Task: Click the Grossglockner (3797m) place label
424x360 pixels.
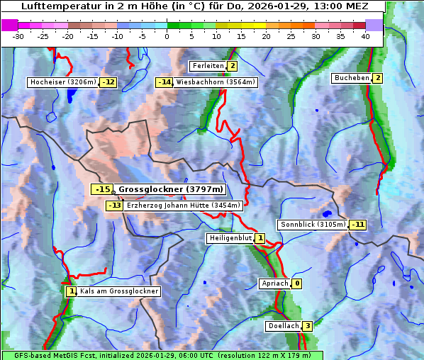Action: click(x=170, y=189)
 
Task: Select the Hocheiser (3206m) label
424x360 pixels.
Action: click(x=62, y=82)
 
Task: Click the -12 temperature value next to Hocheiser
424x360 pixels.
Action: click(x=108, y=82)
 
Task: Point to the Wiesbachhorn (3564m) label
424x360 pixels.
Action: click(x=216, y=82)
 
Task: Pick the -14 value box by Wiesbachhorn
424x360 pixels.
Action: click(x=164, y=82)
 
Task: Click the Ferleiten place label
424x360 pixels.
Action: click(x=208, y=66)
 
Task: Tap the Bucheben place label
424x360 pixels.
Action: click(x=352, y=77)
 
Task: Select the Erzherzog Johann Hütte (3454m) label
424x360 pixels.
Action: click(x=184, y=206)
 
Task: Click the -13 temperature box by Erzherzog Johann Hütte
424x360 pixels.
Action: click(x=114, y=206)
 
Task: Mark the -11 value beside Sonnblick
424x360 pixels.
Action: click(x=358, y=225)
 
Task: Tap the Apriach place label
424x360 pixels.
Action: click(x=275, y=283)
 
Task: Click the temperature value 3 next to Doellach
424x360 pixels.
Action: click(x=307, y=326)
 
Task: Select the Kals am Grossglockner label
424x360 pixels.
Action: click(x=118, y=291)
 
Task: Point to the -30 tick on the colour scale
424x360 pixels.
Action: click(x=18, y=36)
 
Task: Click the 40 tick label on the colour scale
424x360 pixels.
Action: click(x=365, y=36)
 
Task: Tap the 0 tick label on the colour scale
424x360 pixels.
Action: click(x=167, y=36)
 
